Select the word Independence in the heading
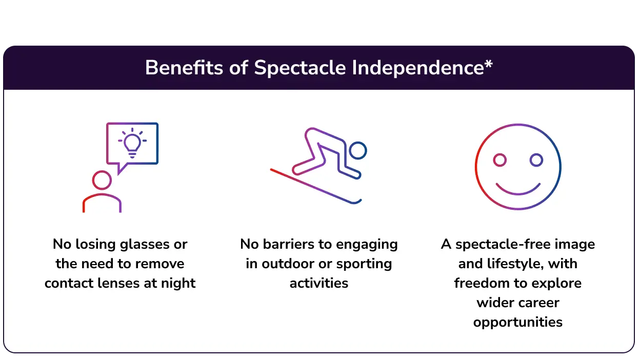[417, 68]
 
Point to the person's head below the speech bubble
[102, 181]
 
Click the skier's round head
[358, 151]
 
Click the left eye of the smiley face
[500, 161]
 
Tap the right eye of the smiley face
[536, 161]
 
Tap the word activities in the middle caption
[318, 283]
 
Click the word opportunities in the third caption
[517, 322]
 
